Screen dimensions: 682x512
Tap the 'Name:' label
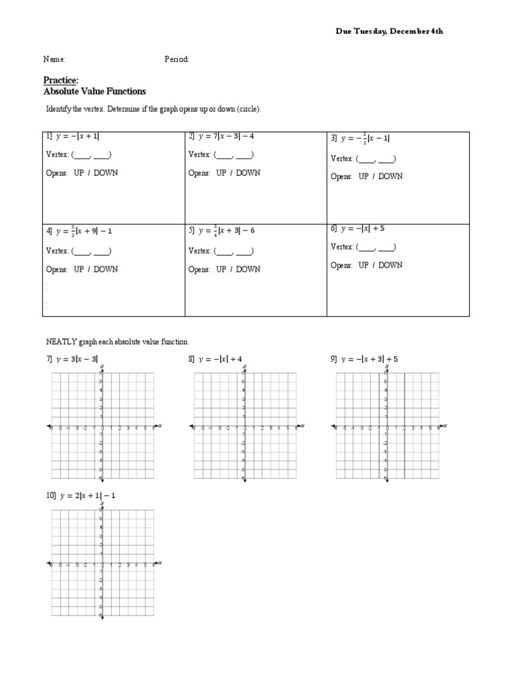click(55, 59)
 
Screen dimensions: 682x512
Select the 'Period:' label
click(177, 59)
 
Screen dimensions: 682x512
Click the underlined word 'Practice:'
click(61, 81)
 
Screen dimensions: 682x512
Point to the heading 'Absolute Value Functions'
click(94, 91)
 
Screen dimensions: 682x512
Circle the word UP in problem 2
click(221, 172)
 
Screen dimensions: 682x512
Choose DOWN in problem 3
click(389, 176)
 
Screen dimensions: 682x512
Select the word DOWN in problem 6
click(389, 265)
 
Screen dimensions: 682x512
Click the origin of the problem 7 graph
click(102, 426)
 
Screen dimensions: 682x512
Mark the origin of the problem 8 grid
click(245, 426)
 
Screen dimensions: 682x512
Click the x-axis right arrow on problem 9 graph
click(443, 426)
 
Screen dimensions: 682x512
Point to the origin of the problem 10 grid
click(102, 563)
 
